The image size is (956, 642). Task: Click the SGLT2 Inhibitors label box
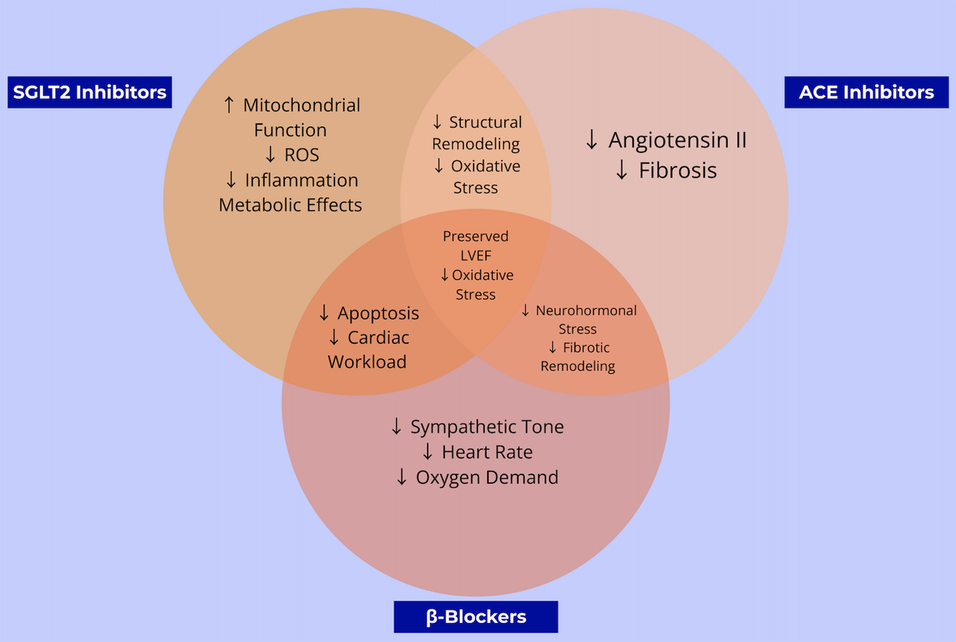tap(90, 92)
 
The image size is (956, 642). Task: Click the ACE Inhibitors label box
tap(866, 92)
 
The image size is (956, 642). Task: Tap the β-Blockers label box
tap(475, 616)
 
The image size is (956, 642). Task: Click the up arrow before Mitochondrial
tap(229, 104)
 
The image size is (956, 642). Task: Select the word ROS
tap(302, 155)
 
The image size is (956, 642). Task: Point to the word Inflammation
tap(301, 180)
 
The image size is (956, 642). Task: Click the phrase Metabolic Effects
tap(290, 205)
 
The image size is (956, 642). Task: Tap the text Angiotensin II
tap(677, 140)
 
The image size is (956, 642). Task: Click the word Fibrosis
tap(677, 170)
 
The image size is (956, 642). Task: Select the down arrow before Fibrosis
tap(621, 170)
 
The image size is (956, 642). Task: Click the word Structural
tap(485, 122)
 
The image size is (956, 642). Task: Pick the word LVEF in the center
tap(475, 256)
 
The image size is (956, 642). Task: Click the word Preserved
tap(475, 236)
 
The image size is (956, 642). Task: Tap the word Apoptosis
tap(378, 313)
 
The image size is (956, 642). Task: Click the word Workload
tap(367, 362)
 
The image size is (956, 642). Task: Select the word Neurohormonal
tap(586, 310)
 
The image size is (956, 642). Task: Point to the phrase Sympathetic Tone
tap(487, 427)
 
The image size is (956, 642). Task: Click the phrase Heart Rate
tap(487, 452)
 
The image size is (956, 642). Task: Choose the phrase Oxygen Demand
tap(487, 477)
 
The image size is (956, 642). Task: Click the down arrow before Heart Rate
tap(428, 452)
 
